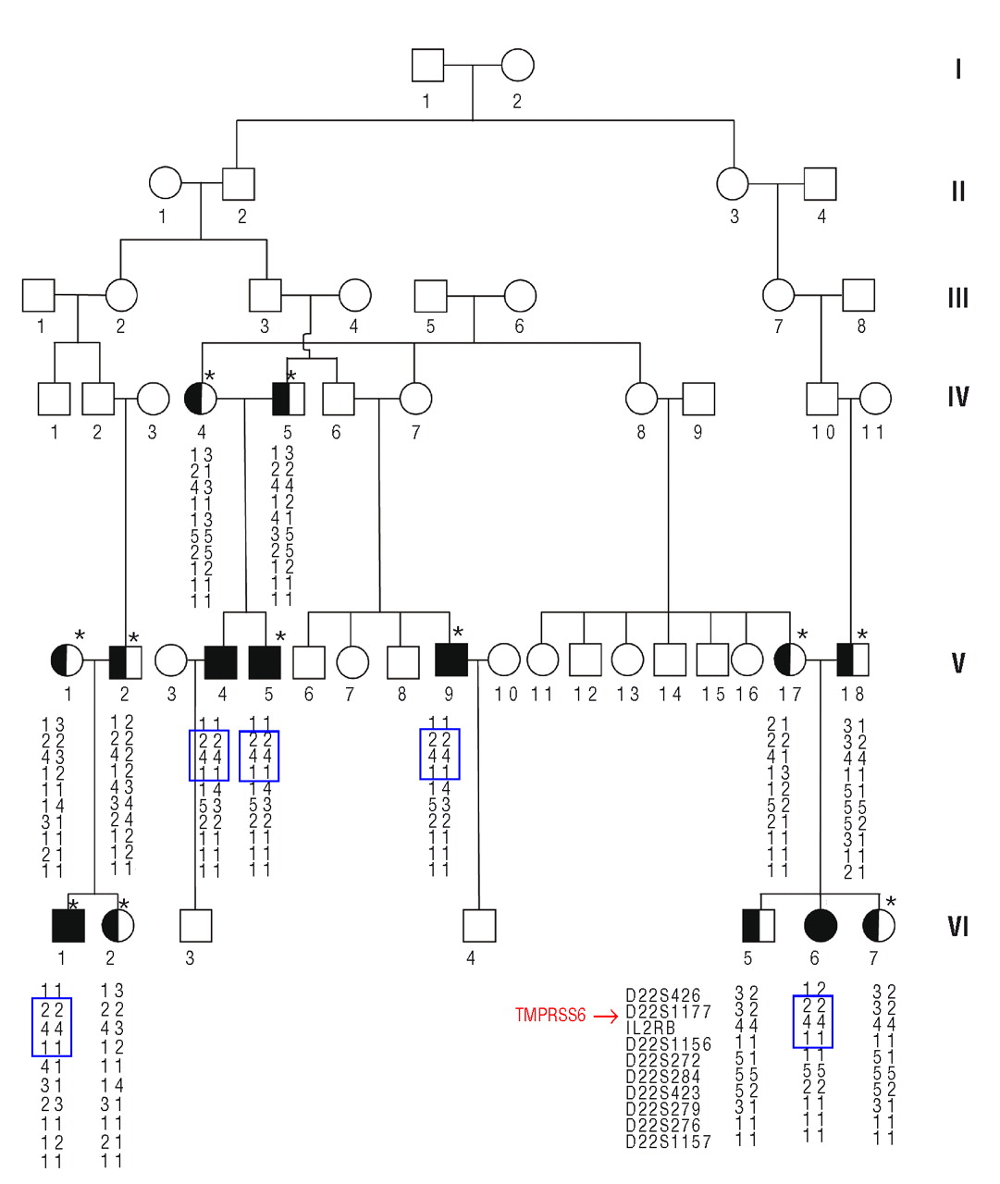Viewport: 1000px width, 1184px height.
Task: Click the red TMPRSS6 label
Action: tap(550, 1016)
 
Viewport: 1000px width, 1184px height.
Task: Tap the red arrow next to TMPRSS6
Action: tap(605, 1016)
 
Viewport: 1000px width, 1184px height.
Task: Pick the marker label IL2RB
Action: tap(650, 1029)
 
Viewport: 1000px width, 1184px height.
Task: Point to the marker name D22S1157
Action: tap(668, 1142)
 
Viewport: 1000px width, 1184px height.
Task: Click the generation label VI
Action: tap(957, 927)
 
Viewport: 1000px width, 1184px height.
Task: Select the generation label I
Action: tap(957, 69)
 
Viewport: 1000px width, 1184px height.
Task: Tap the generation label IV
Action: tap(957, 398)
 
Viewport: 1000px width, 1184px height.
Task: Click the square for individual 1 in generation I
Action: tap(427, 66)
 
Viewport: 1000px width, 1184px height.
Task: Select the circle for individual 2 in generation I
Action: tap(517, 66)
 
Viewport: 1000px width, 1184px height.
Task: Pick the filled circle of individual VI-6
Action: tap(821, 925)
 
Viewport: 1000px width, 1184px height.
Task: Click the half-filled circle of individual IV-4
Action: tap(201, 399)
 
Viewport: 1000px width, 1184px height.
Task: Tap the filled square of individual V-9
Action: tap(451, 660)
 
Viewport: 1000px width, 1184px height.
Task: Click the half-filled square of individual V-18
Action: tap(852, 660)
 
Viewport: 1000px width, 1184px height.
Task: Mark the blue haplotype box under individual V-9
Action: tap(439, 754)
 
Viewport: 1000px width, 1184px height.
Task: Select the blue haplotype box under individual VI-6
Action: tap(813, 1021)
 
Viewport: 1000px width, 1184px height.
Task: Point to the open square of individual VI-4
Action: tap(479, 925)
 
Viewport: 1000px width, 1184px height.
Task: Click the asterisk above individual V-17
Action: tap(802, 635)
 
